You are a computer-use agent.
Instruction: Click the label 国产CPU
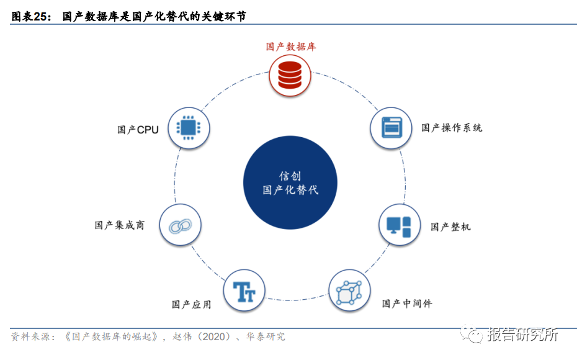pos(138,130)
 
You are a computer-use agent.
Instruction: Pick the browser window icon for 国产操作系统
pos(391,127)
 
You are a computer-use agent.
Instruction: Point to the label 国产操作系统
pos(452,128)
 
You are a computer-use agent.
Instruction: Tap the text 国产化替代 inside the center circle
pos(290,190)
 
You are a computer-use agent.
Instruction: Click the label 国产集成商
pos(119,225)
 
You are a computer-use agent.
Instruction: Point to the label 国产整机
pos(450,227)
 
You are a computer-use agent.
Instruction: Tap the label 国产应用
pos(191,304)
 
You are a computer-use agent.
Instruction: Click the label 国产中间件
pos(407,304)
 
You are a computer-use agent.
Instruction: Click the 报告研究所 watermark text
pos(522,335)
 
